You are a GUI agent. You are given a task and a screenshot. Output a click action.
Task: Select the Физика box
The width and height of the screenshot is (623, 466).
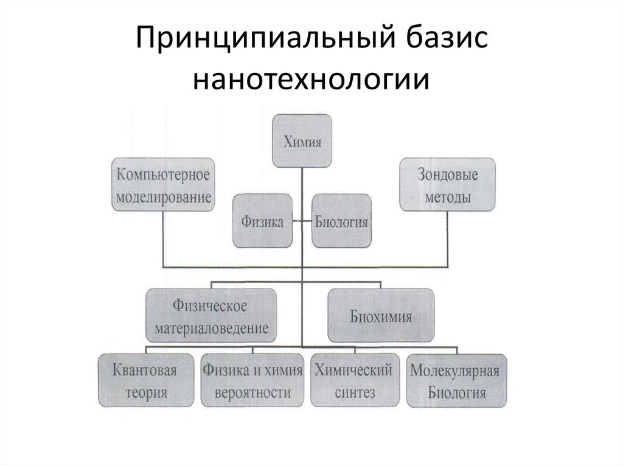click(262, 221)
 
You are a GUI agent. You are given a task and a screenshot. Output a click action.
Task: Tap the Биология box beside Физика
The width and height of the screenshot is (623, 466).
click(341, 221)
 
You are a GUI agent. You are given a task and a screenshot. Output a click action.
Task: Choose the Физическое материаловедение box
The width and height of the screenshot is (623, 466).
click(211, 316)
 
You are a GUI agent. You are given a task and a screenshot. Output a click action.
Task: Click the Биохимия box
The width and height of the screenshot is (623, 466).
click(381, 316)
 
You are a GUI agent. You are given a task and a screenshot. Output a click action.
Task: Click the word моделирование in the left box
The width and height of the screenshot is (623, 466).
click(164, 198)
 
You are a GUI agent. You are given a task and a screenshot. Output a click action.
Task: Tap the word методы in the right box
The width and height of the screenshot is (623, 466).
click(447, 198)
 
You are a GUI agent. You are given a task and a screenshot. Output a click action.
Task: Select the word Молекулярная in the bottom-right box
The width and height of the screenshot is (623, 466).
click(456, 370)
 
